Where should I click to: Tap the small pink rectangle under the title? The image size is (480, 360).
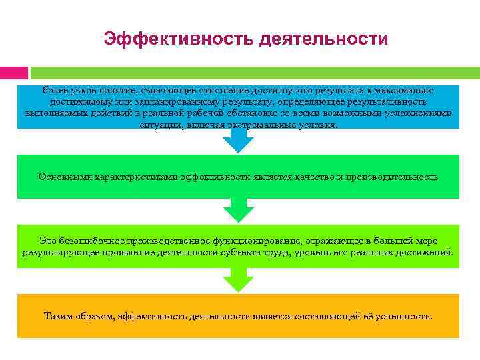14,72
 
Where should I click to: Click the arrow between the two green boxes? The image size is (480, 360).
238,211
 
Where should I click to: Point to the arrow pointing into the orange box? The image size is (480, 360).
238,281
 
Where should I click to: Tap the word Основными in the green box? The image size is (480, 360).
61,177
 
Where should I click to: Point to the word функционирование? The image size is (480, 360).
271,240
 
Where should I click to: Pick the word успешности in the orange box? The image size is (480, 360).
404,315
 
